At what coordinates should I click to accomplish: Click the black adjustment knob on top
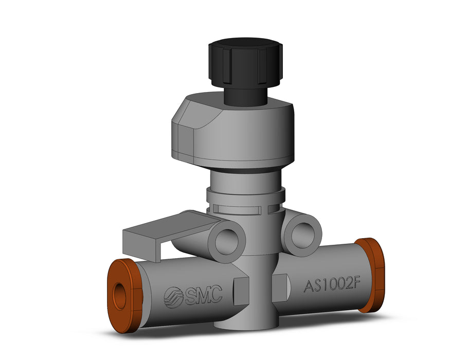(245, 62)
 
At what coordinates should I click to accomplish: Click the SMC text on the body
(204, 295)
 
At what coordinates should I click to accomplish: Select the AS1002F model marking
(332, 286)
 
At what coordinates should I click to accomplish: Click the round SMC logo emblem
(174, 298)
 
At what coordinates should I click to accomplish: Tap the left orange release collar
(124, 296)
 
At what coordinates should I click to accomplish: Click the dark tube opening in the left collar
(120, 296)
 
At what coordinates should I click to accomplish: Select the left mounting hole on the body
(226, 241)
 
